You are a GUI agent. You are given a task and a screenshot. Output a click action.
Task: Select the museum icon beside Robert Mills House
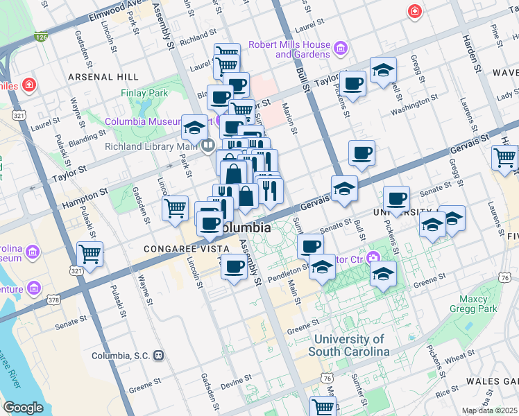340,48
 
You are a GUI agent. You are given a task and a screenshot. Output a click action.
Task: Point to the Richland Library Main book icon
207,146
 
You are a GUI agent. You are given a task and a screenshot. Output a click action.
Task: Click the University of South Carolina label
348,345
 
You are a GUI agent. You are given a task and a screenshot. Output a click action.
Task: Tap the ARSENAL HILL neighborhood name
110,76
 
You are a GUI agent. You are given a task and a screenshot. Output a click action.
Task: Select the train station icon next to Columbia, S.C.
159,356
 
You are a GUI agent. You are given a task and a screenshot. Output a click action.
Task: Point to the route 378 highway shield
53,300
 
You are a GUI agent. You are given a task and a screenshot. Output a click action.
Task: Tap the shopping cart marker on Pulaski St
90,254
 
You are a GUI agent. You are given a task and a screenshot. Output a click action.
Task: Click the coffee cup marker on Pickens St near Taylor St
352,83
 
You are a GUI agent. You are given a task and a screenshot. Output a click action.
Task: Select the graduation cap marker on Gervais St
344,189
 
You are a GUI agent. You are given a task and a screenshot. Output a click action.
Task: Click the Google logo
23,408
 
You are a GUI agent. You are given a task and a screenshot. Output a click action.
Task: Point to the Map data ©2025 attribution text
489,410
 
